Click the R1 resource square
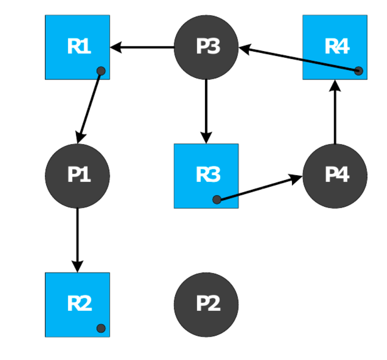[x=77, y=47]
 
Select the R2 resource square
[x=77, y=304]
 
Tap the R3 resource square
[x=206, y=176]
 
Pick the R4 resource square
[x=335, y=47]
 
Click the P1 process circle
[x=77, y=175]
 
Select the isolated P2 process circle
[x=206, y=304]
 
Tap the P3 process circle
[x=206, y=47]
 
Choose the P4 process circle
[x=335, y=175]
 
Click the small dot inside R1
[x=101, y=71]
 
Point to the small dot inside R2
[x=101, y=328]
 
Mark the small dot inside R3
[x=217, y=199]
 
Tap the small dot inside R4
[x=359, y=71]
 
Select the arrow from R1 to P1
[x=89, y=107]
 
